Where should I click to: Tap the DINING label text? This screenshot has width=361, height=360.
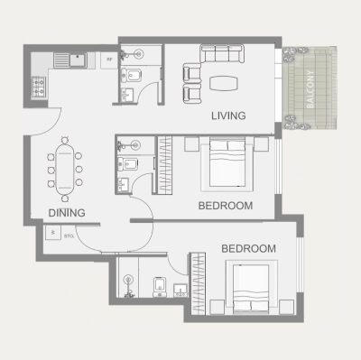(67, 213)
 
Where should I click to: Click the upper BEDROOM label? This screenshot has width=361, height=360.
(225, 206)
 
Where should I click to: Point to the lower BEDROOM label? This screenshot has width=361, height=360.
(248, 248)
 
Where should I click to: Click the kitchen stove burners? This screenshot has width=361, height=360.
(40, 87)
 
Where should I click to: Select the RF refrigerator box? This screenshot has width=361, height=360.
(109, 60)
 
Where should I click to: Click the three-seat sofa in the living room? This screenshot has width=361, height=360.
(221, 57)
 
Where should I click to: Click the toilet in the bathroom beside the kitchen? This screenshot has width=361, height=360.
(134, 75)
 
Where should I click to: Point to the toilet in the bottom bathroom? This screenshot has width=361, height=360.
(159, 285)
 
